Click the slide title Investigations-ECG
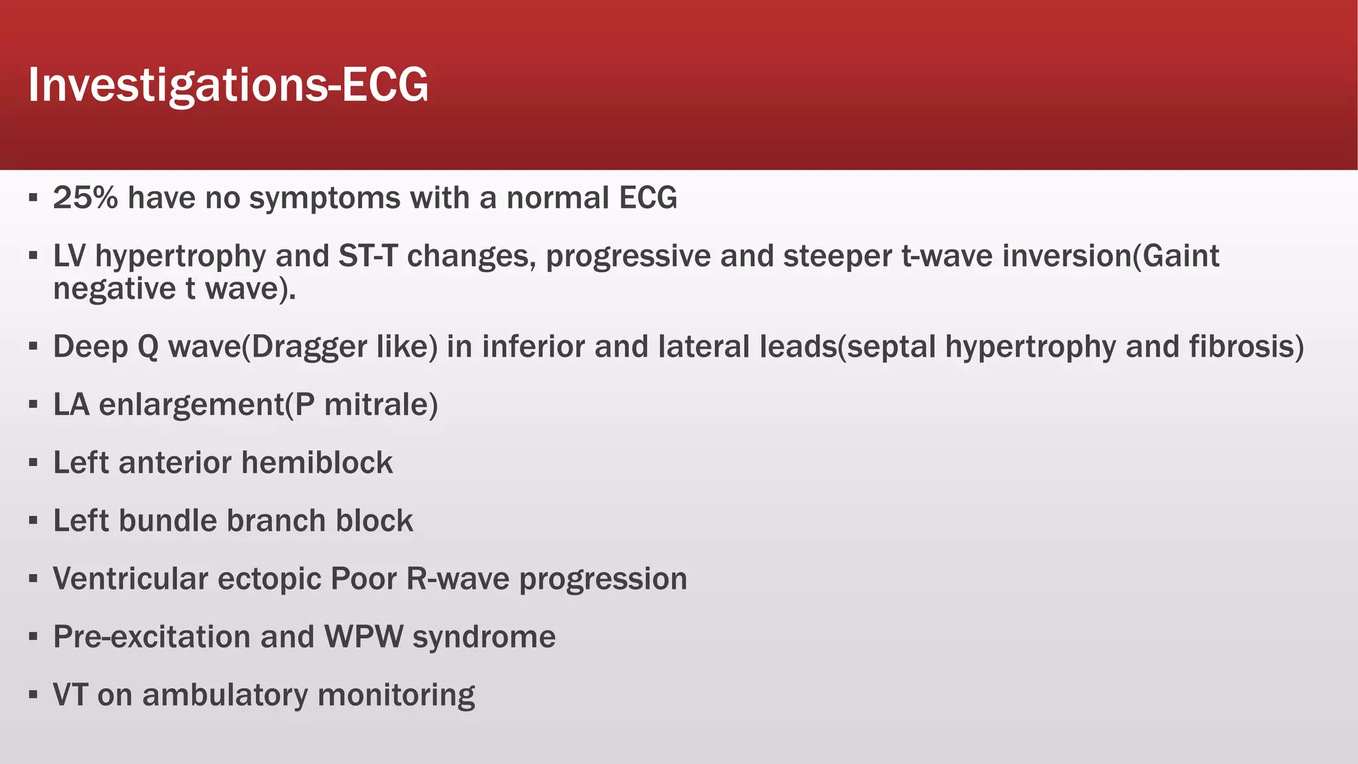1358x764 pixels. (x=228, y=85)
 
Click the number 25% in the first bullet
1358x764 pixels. (x=85, y=198)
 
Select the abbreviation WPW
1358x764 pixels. (x=363, y=637)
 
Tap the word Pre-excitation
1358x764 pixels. (x=151, y=637)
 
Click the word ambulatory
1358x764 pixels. (x=225, y=695)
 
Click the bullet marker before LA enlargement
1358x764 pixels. (x=33, y=405)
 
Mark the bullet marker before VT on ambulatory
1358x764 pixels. (x=33, y=695)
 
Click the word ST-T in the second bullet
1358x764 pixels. (x=367, y=256)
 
